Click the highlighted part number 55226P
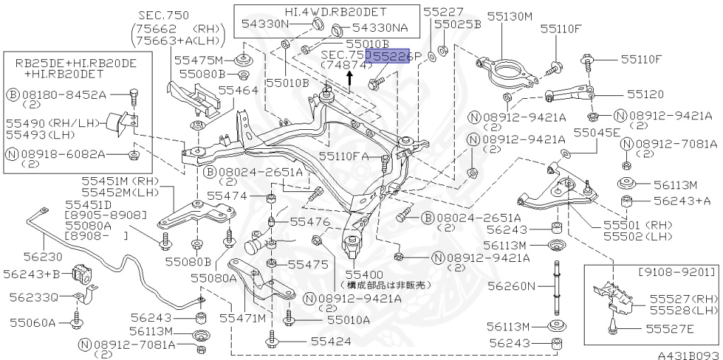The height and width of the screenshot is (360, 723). [x=393, y=55]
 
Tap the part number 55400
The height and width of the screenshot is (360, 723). [x=364, y=274]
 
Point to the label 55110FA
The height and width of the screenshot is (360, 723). [x=344, y=156]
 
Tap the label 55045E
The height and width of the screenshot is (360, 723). [x=597, y=132]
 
